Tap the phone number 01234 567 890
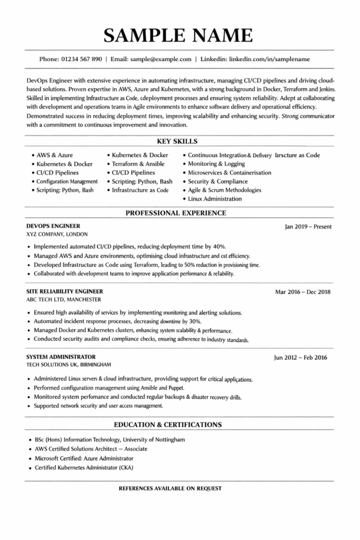coord(82,59)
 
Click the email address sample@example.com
coord(161,59)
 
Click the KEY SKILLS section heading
coord(178,141)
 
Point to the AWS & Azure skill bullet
coord(54,156)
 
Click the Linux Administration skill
coord(215,199)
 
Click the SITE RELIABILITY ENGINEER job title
coord(65,291)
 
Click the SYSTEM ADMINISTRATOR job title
coord(61,356)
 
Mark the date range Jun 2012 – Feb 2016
coord(300,358)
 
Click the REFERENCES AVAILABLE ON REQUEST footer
coord(170,488)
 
